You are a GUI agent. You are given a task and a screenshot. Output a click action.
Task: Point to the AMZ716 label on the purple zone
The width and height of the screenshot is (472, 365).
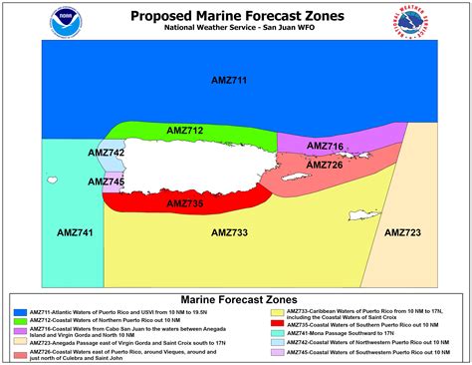(x=325, y=147)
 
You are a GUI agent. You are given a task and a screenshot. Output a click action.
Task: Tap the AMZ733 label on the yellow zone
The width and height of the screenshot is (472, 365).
(x=230, y=232)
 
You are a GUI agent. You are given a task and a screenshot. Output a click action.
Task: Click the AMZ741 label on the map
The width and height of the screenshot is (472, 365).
(x=75, y=232)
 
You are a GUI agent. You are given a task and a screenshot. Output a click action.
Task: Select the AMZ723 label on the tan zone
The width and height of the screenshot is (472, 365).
(x=402, y=232)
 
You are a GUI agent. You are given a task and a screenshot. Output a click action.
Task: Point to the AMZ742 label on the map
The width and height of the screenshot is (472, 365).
(x=107, y=153)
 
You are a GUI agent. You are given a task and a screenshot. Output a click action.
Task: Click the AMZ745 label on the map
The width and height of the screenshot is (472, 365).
(x=107, y=182)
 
